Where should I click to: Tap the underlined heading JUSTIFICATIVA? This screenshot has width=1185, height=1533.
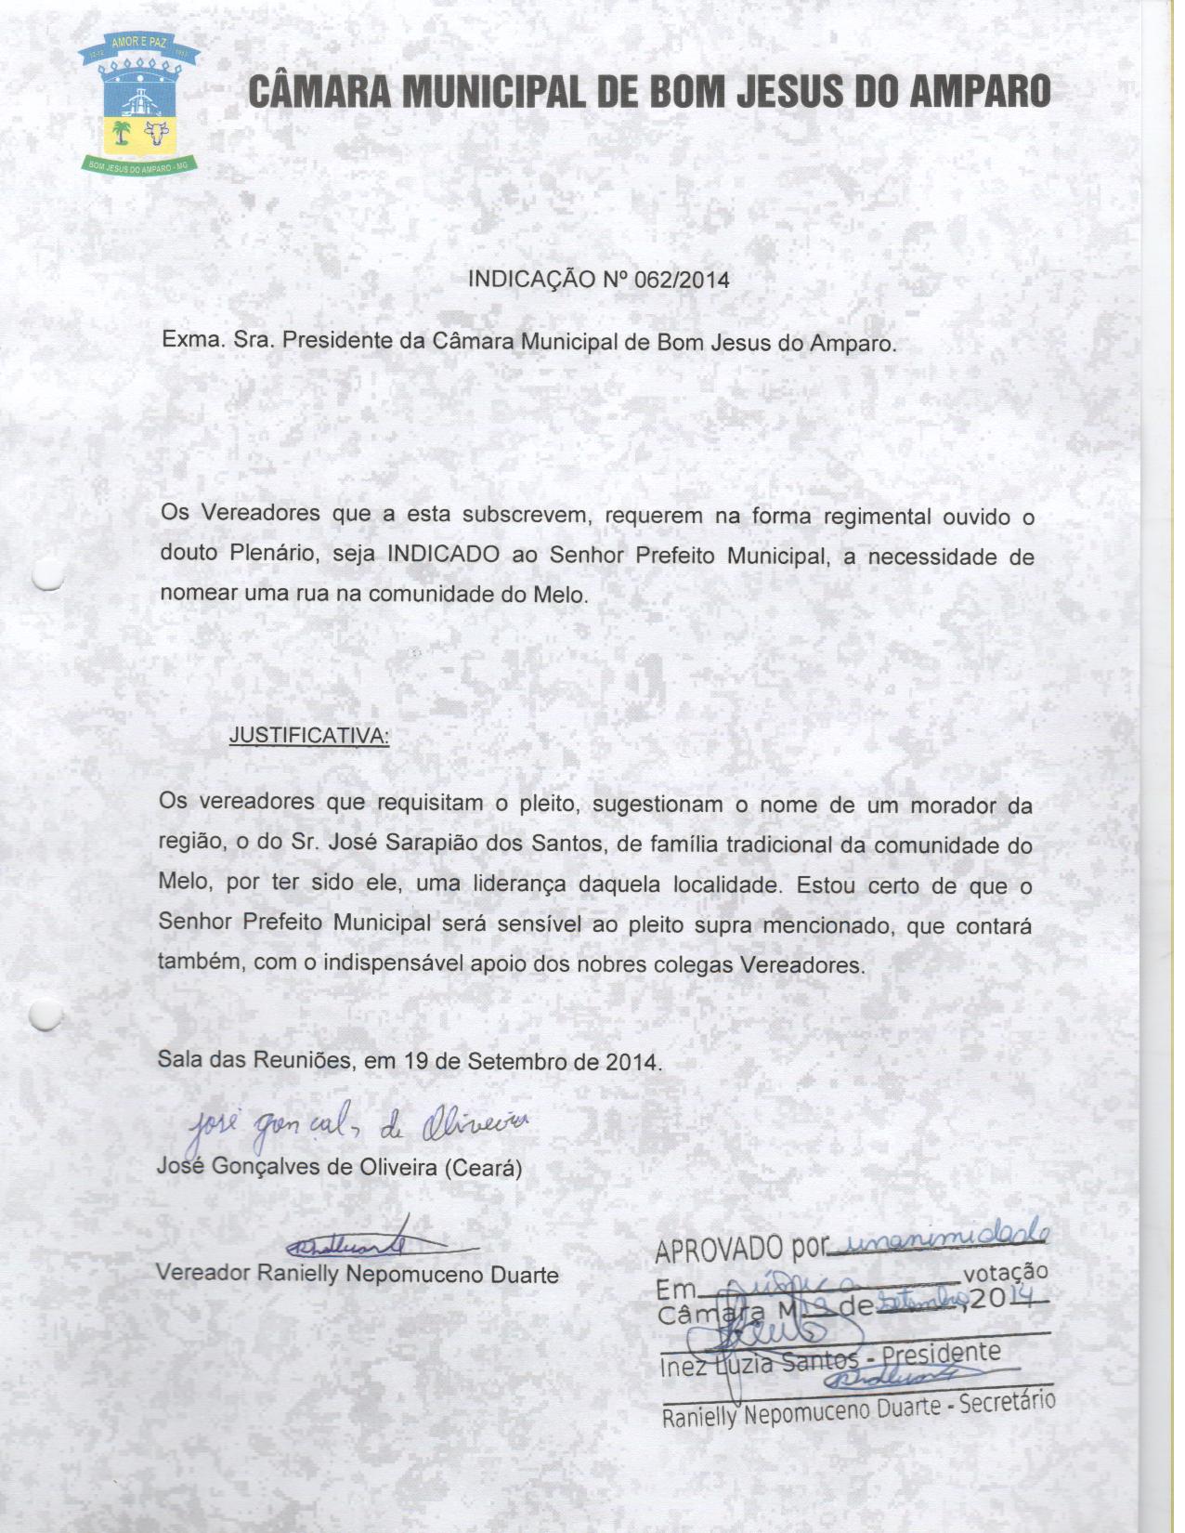click(309, 736)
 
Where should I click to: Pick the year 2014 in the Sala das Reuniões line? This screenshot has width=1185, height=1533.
click(632, 1061)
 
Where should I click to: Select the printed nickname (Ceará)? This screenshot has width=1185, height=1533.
click(483, 1168)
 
